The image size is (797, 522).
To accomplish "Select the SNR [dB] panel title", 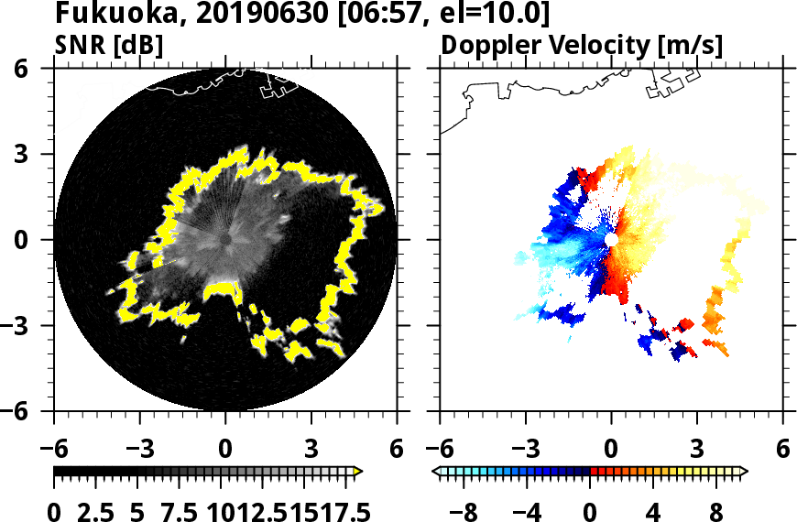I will click(109, 46).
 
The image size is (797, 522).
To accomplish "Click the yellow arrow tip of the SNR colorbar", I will click(359, 472).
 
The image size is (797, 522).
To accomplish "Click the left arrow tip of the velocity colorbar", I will click(436, 472).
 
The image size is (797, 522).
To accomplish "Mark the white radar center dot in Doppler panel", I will click(611, 239).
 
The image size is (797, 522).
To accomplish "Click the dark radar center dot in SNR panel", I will click(225, 239).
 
